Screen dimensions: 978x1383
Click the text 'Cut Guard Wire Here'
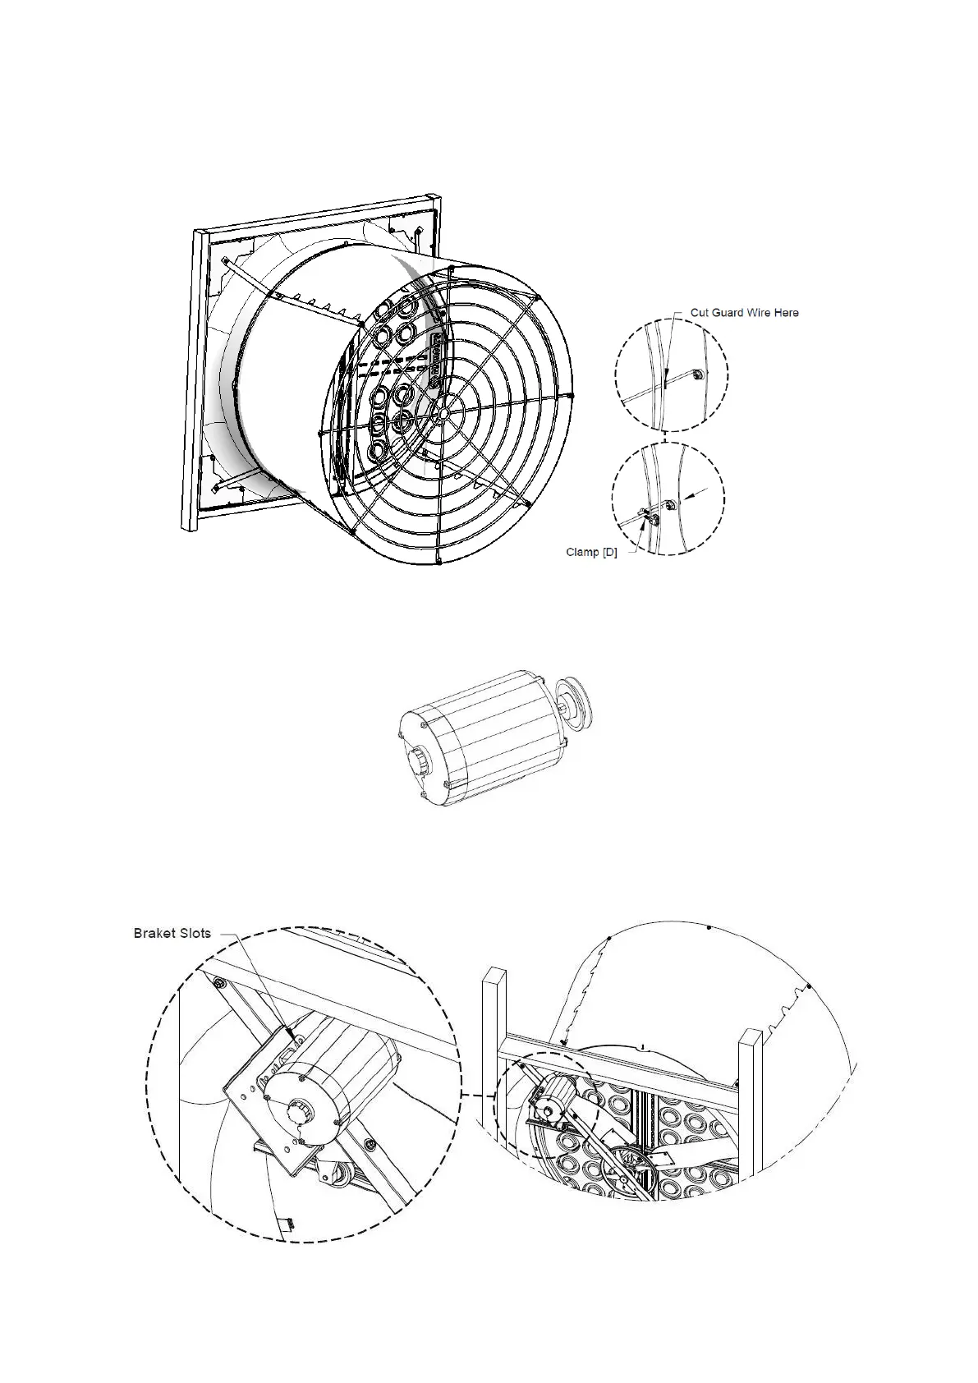coord(744,312)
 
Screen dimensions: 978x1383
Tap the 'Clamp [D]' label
coord(591,552)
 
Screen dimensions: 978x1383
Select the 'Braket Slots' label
coord(172,933)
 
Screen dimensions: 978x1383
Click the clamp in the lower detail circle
coord(646,517)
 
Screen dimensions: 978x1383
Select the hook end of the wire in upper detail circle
coord(695,374)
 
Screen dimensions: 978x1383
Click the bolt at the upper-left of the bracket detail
coord(219,983)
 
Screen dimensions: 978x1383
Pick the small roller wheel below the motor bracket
coord(335,1181)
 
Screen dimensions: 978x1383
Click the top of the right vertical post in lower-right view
coord(751,1034)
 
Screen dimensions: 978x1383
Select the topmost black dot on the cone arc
coord(709,927)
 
